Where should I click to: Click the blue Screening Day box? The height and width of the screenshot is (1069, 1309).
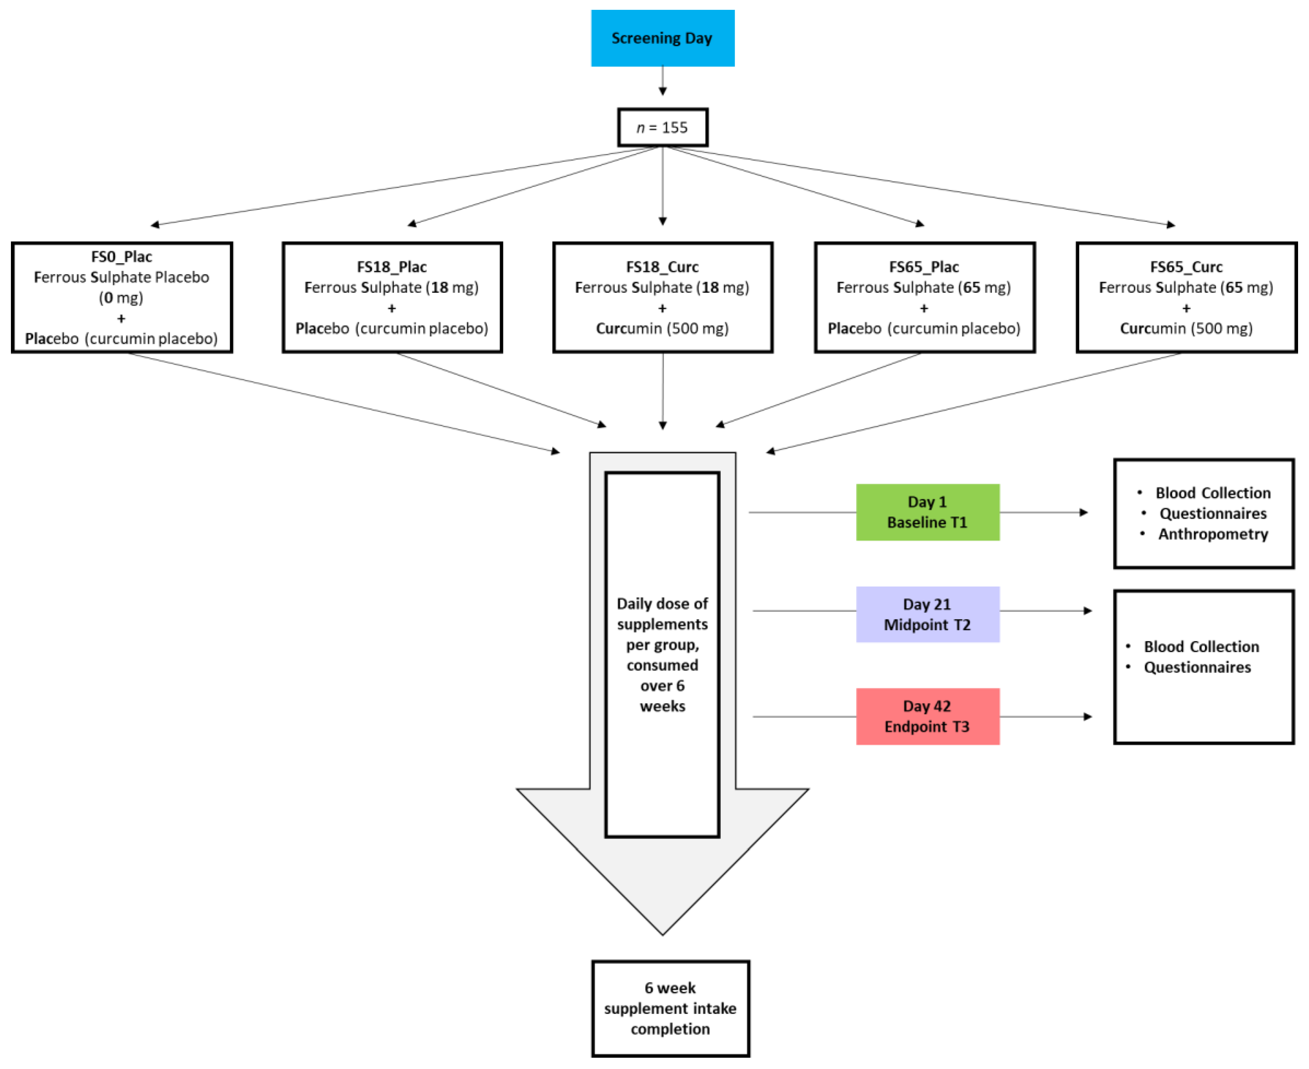(663, 38)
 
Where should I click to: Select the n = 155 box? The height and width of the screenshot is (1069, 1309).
(663, 127)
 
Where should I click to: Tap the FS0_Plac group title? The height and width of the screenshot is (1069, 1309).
(121, 257)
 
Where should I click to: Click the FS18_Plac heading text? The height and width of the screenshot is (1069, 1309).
(392, 267)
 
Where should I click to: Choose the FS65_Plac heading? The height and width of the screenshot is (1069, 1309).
(924, 267)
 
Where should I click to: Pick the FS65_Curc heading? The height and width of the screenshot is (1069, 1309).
(1186, 267)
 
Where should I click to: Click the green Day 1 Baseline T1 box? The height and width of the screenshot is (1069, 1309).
(927, 512)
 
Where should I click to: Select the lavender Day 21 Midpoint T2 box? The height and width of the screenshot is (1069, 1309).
(927, 614)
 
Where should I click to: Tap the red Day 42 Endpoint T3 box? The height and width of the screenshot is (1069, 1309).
(927, 717)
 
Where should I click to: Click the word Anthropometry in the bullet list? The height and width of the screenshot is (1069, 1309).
(1213, 534)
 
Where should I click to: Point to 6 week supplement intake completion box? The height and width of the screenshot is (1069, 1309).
(671, 1009)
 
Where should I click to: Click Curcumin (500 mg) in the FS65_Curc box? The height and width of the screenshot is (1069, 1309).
(1186, 329)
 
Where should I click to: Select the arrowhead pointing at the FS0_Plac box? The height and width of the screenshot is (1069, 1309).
(155, 225)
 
